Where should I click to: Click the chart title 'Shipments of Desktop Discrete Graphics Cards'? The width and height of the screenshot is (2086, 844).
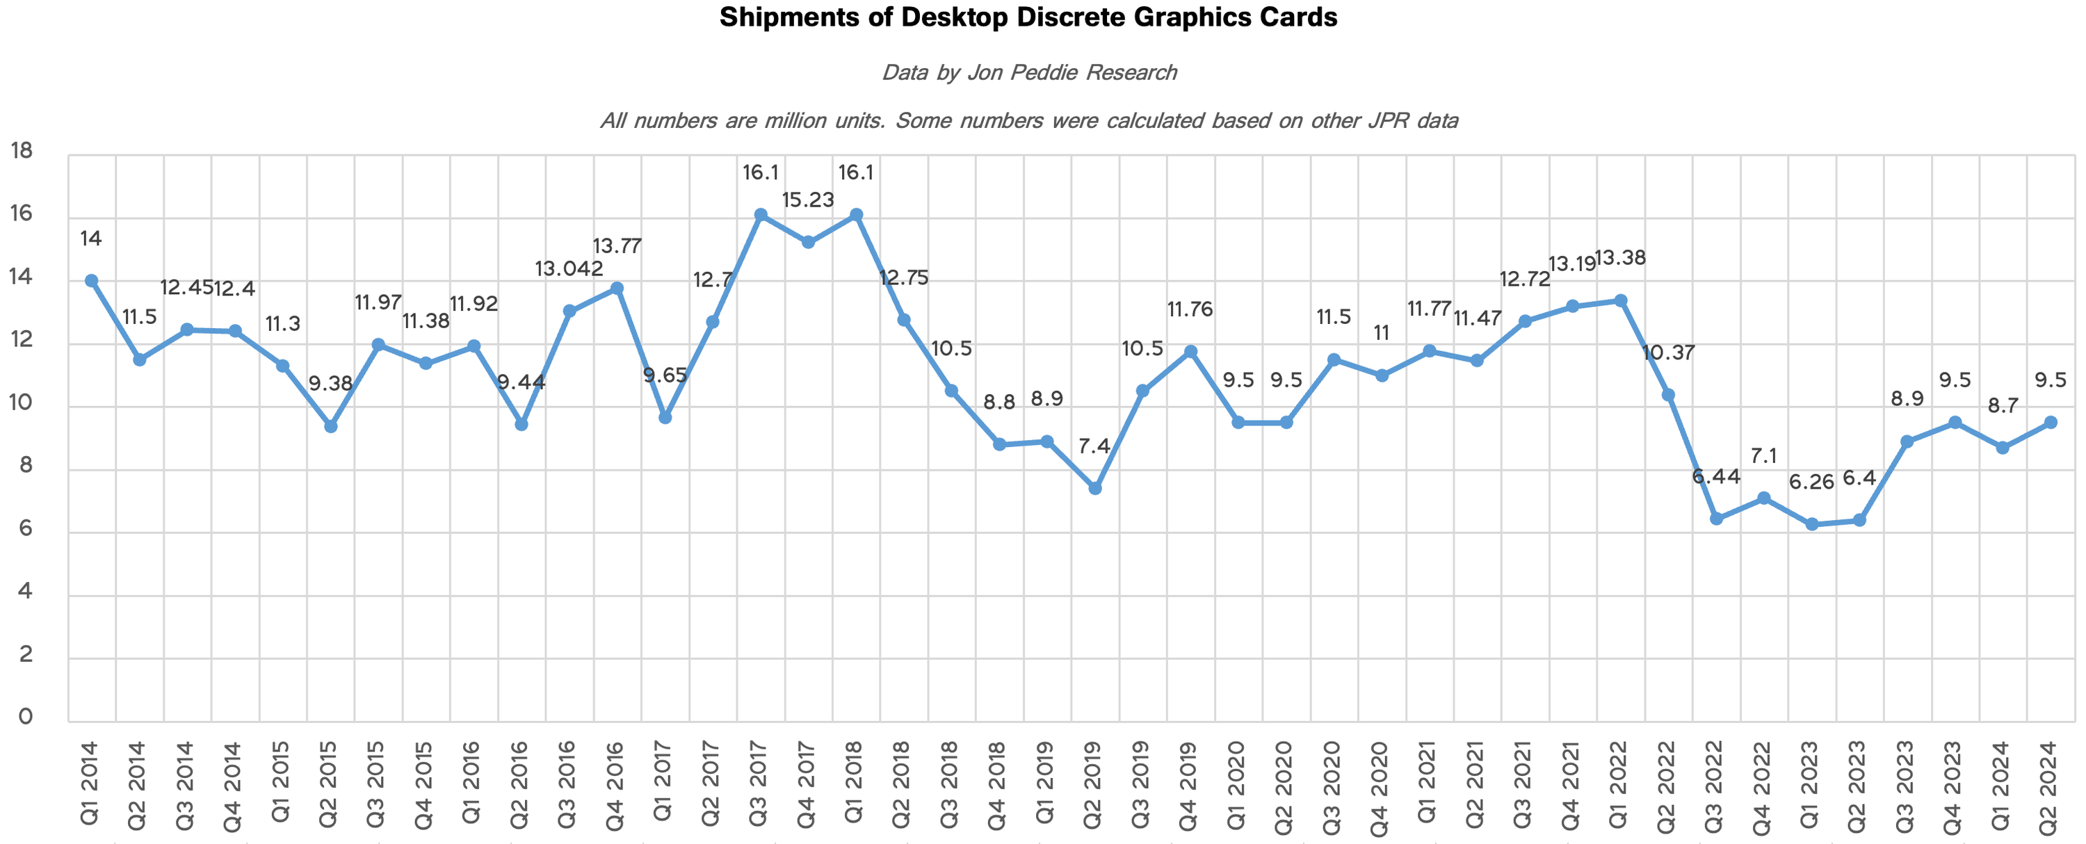pyautogui.click(x=1028, y=18)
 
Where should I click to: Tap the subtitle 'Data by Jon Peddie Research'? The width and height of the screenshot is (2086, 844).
pyautogui.click(x=1028, y=73)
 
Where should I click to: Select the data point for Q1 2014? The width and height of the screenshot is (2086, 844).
pyautogui.click(x=92, y=280)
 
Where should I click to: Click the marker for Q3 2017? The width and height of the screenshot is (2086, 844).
pyautogui.click(x=761, y=215)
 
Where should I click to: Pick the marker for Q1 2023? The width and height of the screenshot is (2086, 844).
pyautogui.click(x=1812, y=524)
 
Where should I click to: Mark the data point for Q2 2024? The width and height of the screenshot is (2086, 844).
pyautogui.click(x=2051, y=422)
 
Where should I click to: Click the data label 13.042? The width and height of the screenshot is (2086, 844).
pyautogui.click(x=569, y=269)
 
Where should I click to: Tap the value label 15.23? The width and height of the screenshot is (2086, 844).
pyautogui.click(x=808, y=200)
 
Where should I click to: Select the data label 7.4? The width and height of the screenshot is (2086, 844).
pyautogui.click(x=1095, y=446)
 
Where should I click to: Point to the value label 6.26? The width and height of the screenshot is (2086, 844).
pyautogui.click(x=1812, y=482)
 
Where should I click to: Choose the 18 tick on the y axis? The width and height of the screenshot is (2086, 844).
pyautogui.click(x=22, y=151)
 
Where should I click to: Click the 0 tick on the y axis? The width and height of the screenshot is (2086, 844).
pyautogui.click(x=26, y=717)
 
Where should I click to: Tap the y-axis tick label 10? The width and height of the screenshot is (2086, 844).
pyautogui.click(x=22, y=403)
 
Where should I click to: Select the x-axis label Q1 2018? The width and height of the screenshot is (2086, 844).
pyautogui.click(x=855, y=781)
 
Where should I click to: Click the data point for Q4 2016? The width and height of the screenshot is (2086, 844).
pyautogui.click(x=617, y=289)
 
